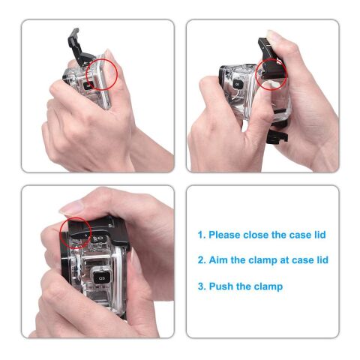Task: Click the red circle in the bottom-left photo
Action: coord(76,233)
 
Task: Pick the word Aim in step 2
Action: coord(217,260)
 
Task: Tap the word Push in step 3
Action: coord(221,286)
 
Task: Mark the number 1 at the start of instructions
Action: coord(200,235)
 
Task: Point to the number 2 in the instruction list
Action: coord(200,260)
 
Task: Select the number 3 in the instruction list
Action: coord(200,286)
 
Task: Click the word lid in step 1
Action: coord(319,235)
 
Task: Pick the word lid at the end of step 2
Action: coord(321,260)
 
